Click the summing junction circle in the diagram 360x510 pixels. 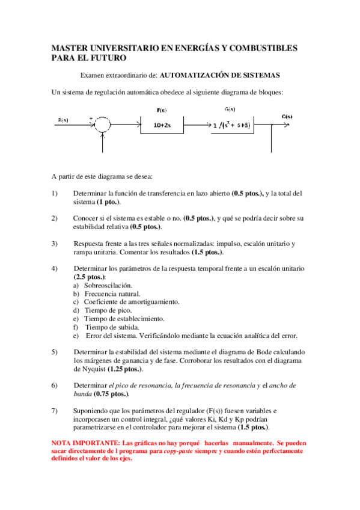[103, 125]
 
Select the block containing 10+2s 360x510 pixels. [162, 126]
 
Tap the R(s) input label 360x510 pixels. [64, 120]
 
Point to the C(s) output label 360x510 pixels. [287, 116]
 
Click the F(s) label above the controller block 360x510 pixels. [162, 111]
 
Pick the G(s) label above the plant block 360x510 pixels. [229, 110]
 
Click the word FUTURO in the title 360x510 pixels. [107, 58]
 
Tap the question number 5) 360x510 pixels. [55, 351]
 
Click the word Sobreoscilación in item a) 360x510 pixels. [108, 285]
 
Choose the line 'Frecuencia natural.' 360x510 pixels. [112, 293]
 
